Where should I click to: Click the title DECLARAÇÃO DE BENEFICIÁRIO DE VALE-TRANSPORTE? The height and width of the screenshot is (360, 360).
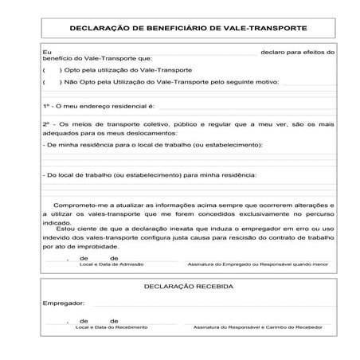pyautogui.click(x=188, y=28)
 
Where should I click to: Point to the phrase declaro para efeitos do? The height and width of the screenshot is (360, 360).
pyautogui.click(x=298, y=51)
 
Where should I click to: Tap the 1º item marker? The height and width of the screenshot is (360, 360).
pyautogui.click(x=46, y=105)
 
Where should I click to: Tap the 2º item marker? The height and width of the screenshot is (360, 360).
pyautogui.click(x=46, y=124)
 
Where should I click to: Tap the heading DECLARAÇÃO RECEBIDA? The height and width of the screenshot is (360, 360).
pyautogui.click(x=188, y=285)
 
